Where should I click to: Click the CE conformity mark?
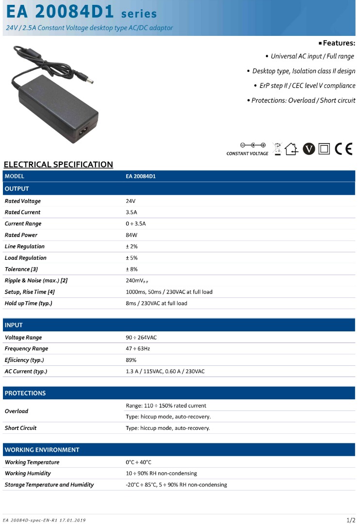344,149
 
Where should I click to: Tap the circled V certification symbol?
309,149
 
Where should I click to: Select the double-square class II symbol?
324,149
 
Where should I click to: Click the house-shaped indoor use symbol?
291,149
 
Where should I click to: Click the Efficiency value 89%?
131,360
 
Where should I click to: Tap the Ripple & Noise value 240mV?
134,281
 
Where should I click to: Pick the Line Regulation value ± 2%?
131,246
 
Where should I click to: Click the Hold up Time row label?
28,303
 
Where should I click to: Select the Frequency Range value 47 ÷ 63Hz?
138,349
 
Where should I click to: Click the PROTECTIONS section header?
25,393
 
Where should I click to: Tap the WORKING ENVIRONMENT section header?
42,450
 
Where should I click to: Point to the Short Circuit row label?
20,428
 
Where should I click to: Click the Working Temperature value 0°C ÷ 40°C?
138,462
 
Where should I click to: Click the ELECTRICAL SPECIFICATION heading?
58,164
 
